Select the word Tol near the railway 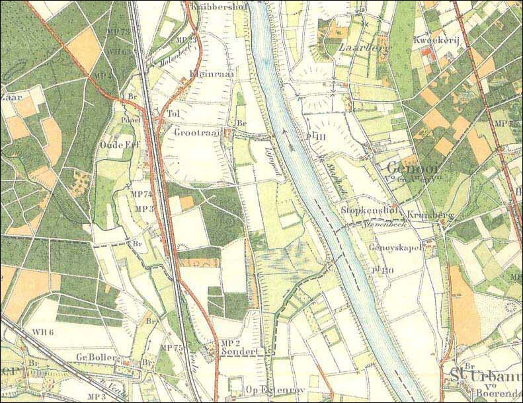click(x=174, y=113)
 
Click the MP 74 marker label click(x=143, y=194)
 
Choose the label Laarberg click(x=356, y=48)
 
